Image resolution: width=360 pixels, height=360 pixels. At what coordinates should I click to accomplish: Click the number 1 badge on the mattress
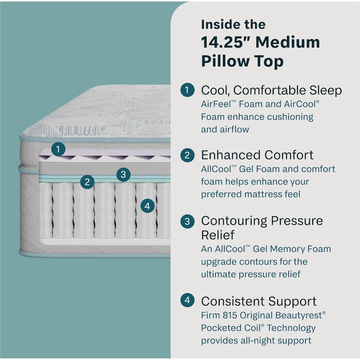point(58,149)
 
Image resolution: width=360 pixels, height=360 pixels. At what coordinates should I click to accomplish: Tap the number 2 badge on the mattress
point(87,182)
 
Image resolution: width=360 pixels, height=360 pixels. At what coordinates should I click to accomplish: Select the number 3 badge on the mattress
point(123,175)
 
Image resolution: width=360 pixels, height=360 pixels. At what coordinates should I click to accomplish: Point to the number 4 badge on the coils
point(148,206)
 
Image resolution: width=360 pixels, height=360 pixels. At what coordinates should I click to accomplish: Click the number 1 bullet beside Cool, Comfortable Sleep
point(187,90)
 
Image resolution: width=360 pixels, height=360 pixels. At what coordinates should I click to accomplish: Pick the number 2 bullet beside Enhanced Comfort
point(187,155)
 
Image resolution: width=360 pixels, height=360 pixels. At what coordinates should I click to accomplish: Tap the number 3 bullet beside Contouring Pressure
point(187,221)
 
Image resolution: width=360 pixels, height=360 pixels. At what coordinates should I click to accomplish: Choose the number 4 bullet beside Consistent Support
point(187,301)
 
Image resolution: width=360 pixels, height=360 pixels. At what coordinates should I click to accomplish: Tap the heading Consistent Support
point(259,301)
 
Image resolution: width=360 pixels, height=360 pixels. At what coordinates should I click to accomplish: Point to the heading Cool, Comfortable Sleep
point(271,90)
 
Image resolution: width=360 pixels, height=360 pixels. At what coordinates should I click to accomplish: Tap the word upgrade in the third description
point(220,261)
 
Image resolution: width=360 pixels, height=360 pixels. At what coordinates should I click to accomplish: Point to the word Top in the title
point(268,61)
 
